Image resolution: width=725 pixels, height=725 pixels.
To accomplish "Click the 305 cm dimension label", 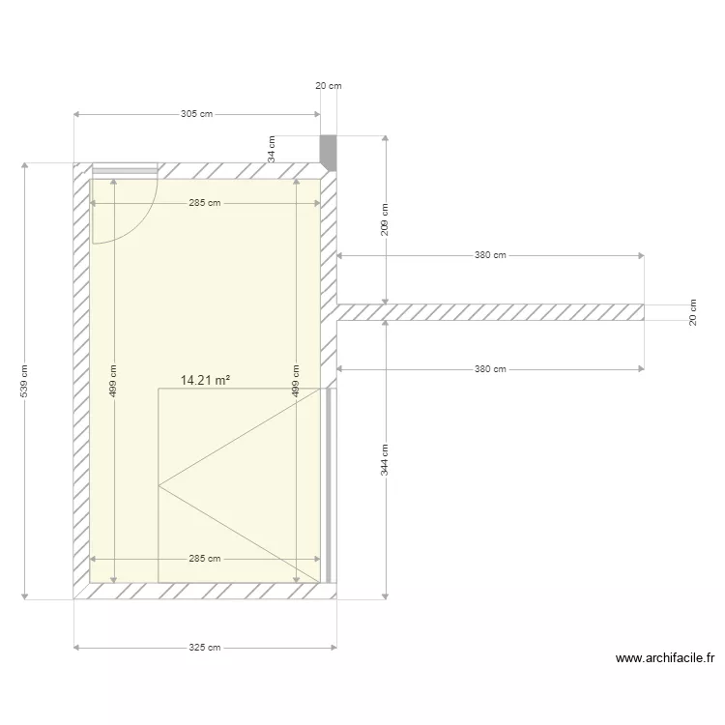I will tap(196, 114).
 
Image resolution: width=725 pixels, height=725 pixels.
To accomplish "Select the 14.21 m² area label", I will tap(204, 381).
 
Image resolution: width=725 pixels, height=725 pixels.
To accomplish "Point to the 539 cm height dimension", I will tap(25, 382).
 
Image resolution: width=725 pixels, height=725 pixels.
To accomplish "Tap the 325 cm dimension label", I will tap(204, 648).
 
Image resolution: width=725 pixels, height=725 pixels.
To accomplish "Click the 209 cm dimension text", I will tap(385, 220).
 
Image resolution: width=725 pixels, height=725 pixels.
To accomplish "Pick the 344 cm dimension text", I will tap(385, 459).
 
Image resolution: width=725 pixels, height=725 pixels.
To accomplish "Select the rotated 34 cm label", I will tap(272, 148).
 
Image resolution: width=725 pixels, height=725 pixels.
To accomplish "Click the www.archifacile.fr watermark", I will tap(665, 659).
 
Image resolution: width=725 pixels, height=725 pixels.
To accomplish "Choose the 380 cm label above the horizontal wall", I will tap(490, 256).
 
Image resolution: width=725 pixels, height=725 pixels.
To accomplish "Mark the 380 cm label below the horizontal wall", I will tap(490, 369).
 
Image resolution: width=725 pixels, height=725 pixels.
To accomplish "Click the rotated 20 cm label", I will tap(692, 312).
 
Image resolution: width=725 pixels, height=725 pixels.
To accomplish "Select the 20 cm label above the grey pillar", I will tap(329, 86).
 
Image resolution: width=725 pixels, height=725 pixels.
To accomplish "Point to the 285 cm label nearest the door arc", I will tap(205, 203).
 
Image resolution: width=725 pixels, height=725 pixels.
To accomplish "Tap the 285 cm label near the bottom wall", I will tap(205, 559).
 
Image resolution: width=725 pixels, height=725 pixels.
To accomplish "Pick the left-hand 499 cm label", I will tap(113, 382).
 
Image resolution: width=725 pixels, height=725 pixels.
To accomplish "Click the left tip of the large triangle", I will tap(159, 486).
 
